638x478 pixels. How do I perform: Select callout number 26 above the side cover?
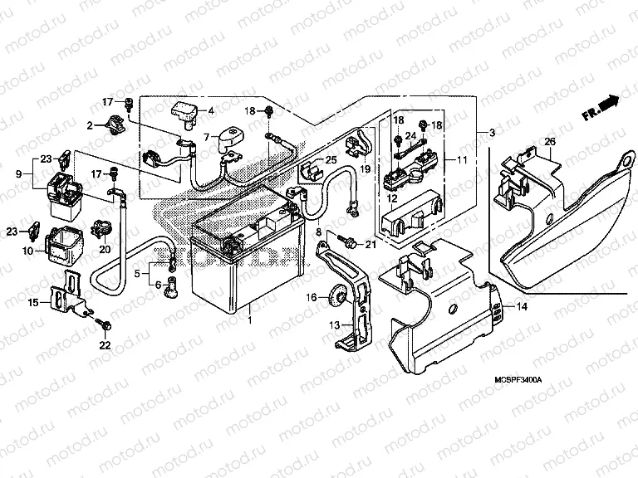[x=549, y=142]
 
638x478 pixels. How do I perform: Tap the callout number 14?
[x=522, y=306]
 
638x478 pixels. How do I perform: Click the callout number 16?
[x=310, y=296]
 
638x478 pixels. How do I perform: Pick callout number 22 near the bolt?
[x=105, y=344]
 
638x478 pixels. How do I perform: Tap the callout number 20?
[x=106, y=249]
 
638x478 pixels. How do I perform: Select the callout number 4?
[x=210, y=110]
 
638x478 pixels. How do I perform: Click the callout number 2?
[x=91, y=125]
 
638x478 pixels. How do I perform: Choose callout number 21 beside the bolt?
[x=371, y=243]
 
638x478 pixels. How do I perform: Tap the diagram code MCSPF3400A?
[x=512, y=379]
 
